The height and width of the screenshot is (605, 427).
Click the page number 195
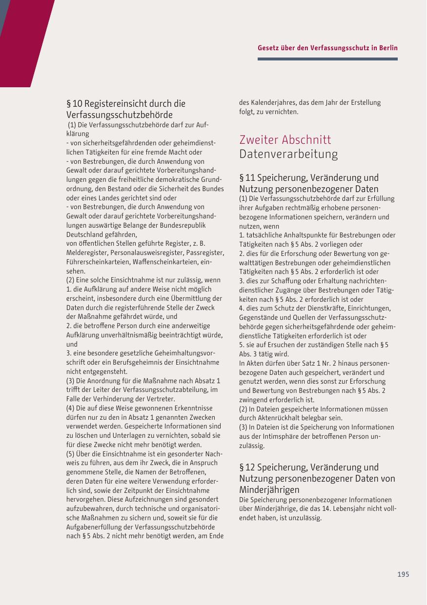tap(403, 574)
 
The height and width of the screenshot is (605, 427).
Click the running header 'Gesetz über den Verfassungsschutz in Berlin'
tap(327, 48)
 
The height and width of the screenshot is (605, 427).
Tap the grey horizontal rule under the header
tap(327, 59)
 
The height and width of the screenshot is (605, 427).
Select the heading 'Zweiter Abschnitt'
tap(285, 140)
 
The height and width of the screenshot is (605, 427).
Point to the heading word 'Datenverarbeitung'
tap(288, 155)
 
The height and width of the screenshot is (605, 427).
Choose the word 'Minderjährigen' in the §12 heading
tap(269, 489)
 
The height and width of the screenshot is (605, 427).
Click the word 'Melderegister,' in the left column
tap(87, 253)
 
